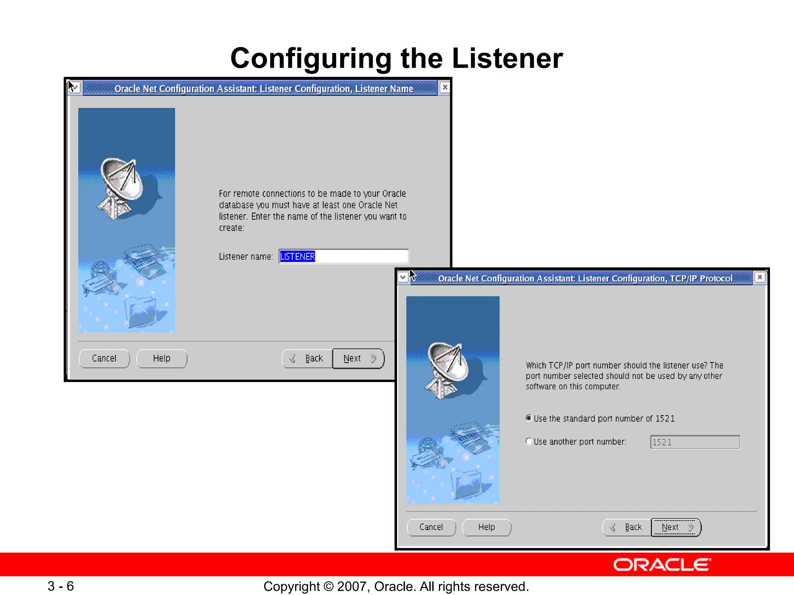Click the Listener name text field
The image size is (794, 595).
(343, 256)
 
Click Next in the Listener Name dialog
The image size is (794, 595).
(358, 358)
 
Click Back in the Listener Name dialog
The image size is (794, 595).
(307, 358)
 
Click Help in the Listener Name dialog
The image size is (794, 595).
(162, 358)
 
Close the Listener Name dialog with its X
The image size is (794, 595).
(445, 87)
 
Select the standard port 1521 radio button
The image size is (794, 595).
(528, 418)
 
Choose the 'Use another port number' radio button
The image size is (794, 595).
(528, 441)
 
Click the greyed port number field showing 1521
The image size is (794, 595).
(695, 442)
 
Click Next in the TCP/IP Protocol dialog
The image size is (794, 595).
(676, 527)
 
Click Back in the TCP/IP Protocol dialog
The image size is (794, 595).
(627, 527)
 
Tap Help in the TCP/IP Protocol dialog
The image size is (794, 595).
(487, 527)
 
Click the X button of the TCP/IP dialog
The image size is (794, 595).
(759, 277)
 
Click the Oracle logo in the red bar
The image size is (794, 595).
(662, 565)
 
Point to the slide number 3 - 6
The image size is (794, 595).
(61, 586)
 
